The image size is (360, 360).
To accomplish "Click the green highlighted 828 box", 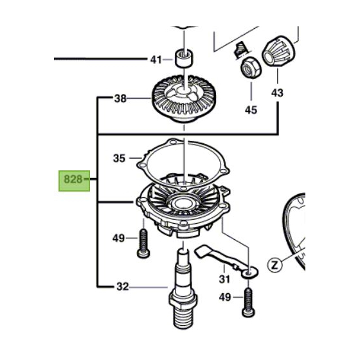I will (73, 179).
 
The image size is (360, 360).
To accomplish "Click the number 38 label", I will (120, 99).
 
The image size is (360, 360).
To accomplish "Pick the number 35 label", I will (120, 157).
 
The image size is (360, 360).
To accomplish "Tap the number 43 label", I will (277, 93).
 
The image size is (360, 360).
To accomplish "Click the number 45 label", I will (250, 110).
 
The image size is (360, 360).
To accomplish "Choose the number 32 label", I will (120, 287).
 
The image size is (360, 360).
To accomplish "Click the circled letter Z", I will (275, 264).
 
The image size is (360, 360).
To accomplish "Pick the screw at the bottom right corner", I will (247, 303).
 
